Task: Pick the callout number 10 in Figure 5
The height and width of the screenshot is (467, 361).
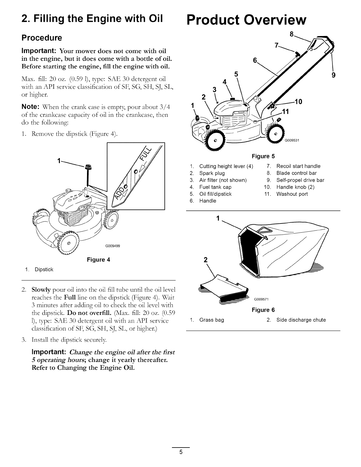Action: [x=299, y=102]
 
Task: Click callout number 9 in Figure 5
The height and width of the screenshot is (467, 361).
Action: [x=334, y=75]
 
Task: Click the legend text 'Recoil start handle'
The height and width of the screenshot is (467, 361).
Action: [x=298, y=166]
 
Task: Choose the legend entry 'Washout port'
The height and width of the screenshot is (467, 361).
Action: [x=292, y=194]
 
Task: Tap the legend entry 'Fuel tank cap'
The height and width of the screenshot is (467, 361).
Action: [x=215, y=187]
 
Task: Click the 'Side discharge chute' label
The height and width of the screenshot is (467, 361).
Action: [x=301, y=320]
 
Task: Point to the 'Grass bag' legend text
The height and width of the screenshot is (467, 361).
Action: [x=212, y=320]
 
